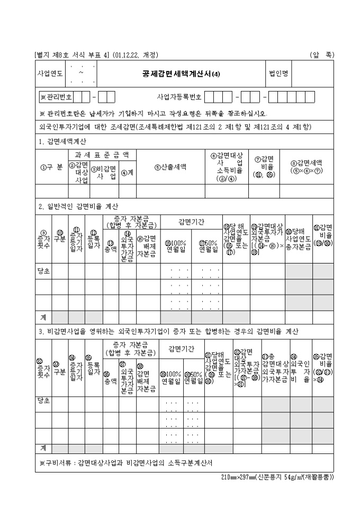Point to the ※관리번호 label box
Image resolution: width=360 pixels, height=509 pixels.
point(57,98)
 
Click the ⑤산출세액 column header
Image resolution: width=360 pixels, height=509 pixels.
point(170,166)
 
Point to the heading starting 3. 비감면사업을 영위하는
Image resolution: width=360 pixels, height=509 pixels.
point(169,332)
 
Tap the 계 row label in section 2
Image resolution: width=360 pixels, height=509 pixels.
point(43,317)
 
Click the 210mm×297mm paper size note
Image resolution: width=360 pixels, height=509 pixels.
point(277,476)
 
